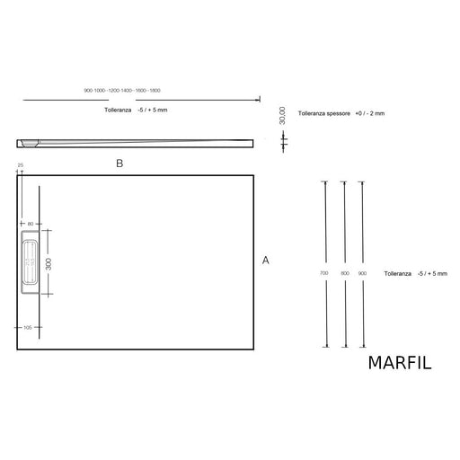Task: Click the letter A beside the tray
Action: [x=265, y=260]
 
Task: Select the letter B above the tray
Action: [x=119, y=164]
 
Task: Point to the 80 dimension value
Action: [x=30, y=224]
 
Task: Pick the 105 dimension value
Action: [x=28, y=328]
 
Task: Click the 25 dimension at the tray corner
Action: [x=19, y=165]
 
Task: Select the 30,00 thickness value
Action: [x=282, y=113]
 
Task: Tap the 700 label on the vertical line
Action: [x=324, y=271]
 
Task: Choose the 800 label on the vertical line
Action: [x=344, y=271]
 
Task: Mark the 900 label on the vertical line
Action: [x=363, y=271]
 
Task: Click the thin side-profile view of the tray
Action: [x=135, y=142]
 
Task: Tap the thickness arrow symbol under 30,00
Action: [x=284, y=140]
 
